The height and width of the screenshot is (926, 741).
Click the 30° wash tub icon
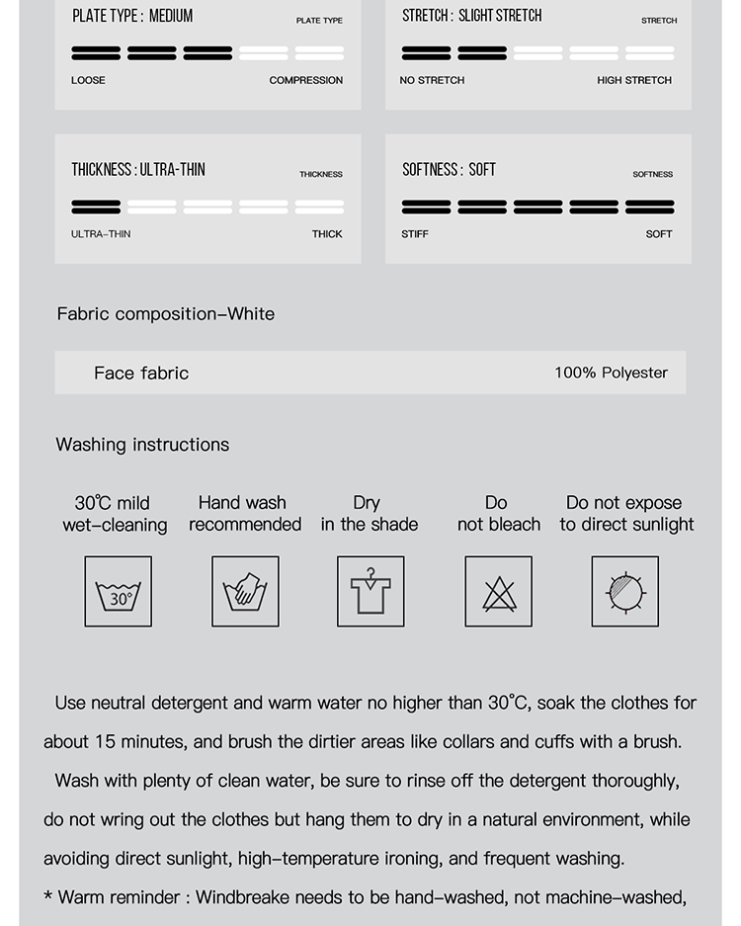(119, 592)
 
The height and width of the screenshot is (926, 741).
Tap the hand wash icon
(245, 592)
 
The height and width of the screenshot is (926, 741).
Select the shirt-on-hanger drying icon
(370, 592)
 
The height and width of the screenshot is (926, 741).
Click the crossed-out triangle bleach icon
(499, 592)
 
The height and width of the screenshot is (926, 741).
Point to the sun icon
(625, 592)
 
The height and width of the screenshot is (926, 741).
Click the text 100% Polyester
(611, 373)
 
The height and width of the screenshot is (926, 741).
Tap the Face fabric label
(141, 373)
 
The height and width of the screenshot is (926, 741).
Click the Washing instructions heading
(142, 445)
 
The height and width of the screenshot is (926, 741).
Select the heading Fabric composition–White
(166, 314)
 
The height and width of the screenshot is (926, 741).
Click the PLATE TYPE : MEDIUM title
(132, 16)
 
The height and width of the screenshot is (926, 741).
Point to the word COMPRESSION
(306, 80)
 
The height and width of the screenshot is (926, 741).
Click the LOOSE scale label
(88, 80)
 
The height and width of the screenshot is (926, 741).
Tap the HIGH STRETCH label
(634, 80)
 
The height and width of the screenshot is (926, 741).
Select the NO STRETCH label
(432, 80)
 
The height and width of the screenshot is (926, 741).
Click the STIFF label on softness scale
(415, 234)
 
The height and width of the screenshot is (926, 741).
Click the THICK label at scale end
(327, 234)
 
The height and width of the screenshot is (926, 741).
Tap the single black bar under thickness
(96, 207)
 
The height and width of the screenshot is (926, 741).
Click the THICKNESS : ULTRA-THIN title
(138, 170)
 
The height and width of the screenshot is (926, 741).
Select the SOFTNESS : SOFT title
(449, 170)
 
